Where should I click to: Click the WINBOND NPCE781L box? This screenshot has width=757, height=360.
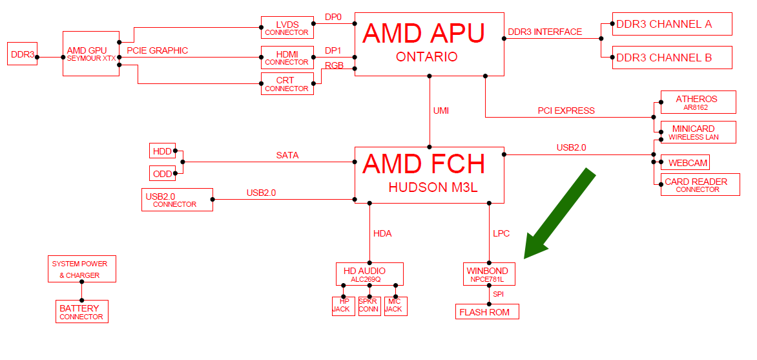(489, 274)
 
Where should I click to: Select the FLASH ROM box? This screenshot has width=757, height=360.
(486, 312)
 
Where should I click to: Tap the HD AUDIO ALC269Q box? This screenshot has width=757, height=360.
(369, 274)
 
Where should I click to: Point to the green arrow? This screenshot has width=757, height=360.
(559, 214)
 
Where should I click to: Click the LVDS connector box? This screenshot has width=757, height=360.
(287, 28)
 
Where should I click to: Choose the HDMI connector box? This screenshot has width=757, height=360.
(287, 58)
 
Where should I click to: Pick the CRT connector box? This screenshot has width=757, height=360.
(287, 84)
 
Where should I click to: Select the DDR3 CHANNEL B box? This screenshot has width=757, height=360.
(672, 58)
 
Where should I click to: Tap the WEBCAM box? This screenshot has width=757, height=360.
(688, 163)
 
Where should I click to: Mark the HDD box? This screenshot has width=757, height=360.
(162, 151)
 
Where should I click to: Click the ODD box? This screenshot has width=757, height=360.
(162, 173)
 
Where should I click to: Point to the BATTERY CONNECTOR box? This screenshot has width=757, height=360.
(81, 312)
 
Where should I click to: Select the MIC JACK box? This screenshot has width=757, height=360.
(395, 306)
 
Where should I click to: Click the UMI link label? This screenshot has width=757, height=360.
(441, 111)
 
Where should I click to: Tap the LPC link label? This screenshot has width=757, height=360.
(501, 233)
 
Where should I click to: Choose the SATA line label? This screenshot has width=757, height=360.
(287, 155)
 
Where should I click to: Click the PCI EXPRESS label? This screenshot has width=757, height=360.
(566, 111)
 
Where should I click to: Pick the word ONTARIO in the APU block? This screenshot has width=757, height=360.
(426, 57)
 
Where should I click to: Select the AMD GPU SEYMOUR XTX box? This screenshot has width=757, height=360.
(91, 53)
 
